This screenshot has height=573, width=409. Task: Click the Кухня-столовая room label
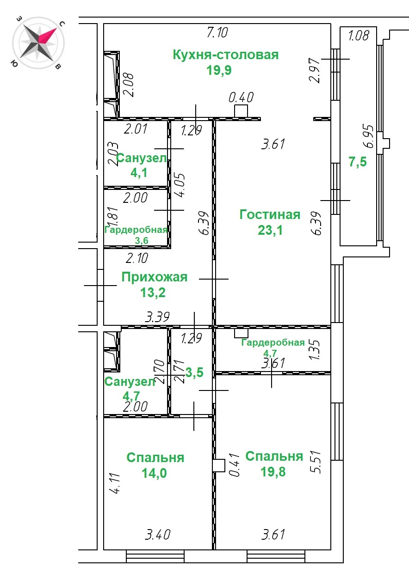click(226, 55)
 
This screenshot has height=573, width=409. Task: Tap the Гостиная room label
click(270, 214)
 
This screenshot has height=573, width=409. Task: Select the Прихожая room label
click(155, 277)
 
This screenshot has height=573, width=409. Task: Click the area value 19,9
click(219, 70)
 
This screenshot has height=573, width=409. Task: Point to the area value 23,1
click(270, 230)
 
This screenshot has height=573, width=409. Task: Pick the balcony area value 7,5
click(358, 162)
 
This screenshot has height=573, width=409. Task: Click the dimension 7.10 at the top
click(217, 33)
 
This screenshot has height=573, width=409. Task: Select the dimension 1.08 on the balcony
click(359, 36)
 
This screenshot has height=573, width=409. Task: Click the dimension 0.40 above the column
click(241, 97)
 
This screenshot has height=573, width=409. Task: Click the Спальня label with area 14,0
click(155, 457)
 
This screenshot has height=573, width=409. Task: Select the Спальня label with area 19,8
click(274, 457)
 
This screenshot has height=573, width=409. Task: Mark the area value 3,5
click(194, 372)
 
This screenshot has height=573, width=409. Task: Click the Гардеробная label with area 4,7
click(273, 342)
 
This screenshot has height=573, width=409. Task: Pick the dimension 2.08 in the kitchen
click(128, 85)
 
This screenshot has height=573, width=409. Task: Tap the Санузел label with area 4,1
click(142, 158)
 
